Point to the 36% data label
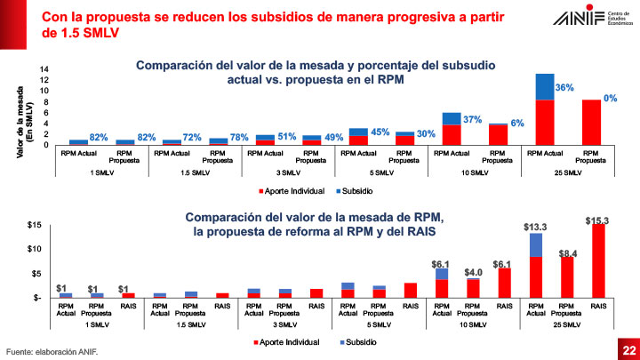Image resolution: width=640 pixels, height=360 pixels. coord(564,89)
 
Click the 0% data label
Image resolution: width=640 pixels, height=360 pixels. coord(611,99)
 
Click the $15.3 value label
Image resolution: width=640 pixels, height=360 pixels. coord(597,220)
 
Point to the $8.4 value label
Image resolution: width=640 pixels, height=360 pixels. coord(569,254)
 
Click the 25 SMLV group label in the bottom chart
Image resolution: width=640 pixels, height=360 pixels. coord(566,325)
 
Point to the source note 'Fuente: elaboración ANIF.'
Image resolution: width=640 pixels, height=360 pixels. coord(52,351)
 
